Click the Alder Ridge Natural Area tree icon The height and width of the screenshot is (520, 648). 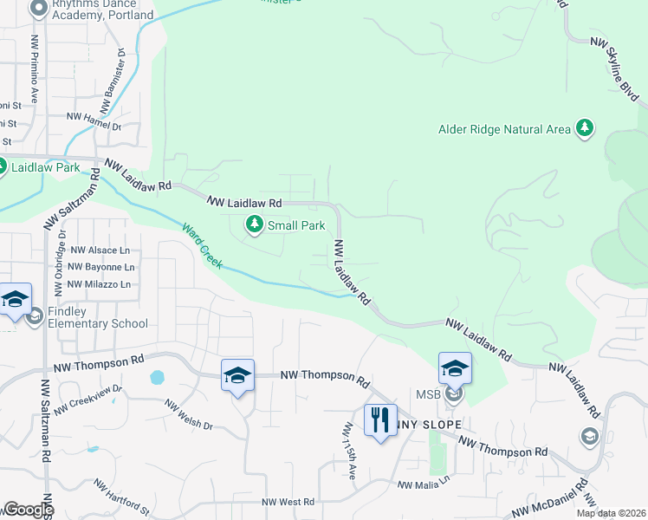[x=586, y=129]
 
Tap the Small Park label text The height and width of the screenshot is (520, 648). [x=296, y=226]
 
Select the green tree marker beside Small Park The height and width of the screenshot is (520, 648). [x=255, y=225]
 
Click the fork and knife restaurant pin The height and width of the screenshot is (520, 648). [x=380, y=420]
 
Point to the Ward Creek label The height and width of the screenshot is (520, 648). [x=201, y=246]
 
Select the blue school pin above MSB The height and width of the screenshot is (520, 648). [x=455, y=368]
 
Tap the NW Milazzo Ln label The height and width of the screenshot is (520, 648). [x=99, y=284]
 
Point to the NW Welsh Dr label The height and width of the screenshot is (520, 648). [x=189, y=413]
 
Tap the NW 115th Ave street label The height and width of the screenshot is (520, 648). [x=351, y=444]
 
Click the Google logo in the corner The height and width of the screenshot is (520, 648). [x=28, y=510]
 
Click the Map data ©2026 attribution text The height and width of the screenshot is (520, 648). [x=610, y=513]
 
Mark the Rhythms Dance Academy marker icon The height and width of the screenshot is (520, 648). [x=37, y=10]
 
